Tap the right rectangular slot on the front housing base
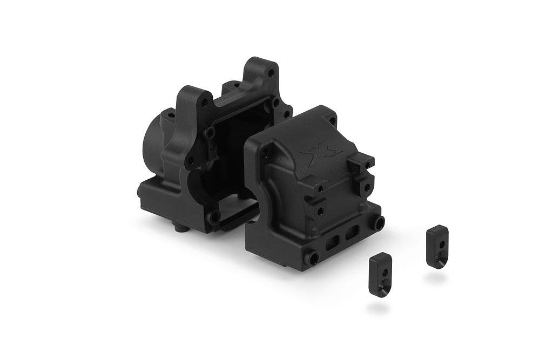(x=352, y=233)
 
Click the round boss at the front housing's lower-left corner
(x=312, y=259)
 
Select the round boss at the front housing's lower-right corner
(x=380, y=222)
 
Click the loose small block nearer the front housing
(x=380, y=274)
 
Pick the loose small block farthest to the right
(x=437, y=246)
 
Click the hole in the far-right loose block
(x=442, y=244)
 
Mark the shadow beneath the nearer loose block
(x=377, y=308)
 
